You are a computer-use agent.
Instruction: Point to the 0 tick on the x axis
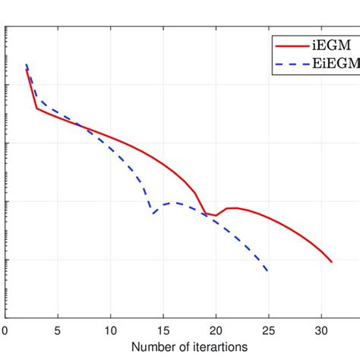5,330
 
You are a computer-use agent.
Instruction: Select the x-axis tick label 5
58,330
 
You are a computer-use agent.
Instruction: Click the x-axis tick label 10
110,330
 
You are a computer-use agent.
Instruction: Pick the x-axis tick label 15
163,330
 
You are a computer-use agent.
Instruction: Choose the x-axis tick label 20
216,330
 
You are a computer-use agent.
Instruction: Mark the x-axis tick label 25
268,330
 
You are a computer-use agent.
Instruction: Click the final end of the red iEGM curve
332,262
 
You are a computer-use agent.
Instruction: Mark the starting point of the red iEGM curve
27,70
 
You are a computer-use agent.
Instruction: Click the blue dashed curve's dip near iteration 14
153,213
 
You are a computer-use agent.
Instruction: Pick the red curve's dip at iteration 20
216,216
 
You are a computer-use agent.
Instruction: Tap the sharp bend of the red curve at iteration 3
36,108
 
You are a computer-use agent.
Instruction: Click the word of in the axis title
163,348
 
